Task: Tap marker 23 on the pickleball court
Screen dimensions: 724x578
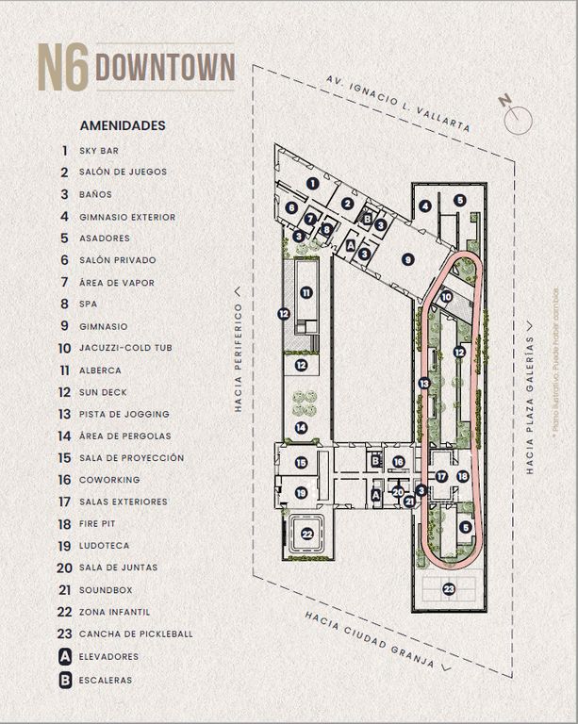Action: pos(449,589)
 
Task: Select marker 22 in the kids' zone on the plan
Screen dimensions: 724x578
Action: pos(307,534)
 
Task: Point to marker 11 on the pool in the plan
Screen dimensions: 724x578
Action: pos(306,292)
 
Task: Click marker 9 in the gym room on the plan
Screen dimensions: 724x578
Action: pos(407,259)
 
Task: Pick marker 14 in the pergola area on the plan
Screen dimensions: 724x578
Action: pos(301,427)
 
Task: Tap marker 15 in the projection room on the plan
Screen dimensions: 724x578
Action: pos(301,463)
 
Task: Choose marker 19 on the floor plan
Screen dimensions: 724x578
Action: pos(301,492)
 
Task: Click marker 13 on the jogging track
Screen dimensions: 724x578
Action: pos(424,383)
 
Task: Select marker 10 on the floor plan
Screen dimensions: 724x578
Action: pos(446,297)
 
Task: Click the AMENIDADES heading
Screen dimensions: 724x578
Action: pos(123,124)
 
